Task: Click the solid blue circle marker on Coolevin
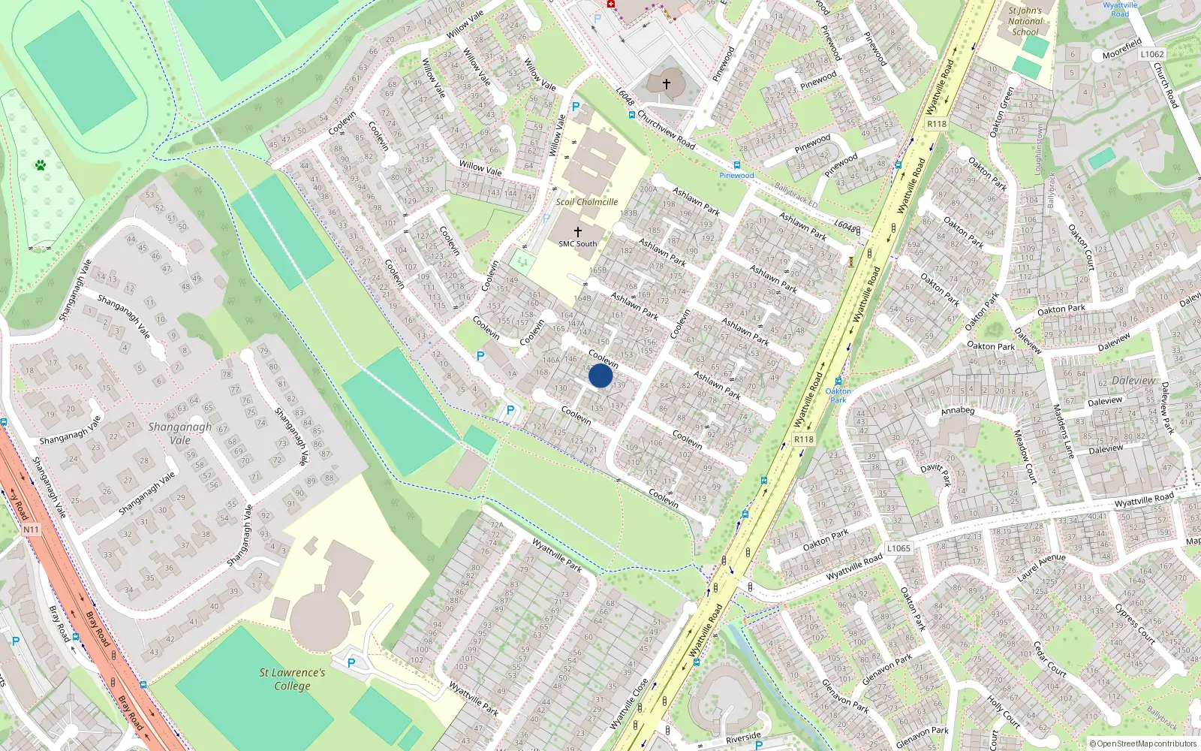click(600, 375)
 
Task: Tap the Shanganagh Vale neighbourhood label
click(179, 433)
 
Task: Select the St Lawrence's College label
click(292, 679)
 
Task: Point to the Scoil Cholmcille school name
click(586, 202)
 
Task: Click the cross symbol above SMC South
click(577, 232)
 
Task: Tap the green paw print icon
click(41, 164)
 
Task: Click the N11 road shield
click(31, 529)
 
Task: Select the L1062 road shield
click(1151, 54)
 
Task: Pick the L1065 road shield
click(898, 548)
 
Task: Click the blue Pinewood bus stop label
click(736, 176)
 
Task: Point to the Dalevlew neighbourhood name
click(1133, 381)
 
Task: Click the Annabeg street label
click(957, 411)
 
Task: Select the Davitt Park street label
click(935, 474)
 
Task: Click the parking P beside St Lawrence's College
click(351, 663)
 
